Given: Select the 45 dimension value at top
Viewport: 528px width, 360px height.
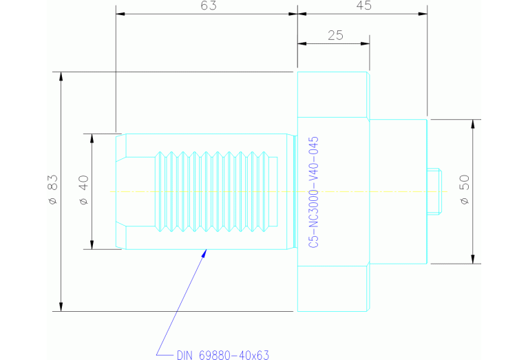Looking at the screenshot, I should click(x=363, y=6).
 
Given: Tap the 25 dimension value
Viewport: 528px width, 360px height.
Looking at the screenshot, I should click(x=335, y=36).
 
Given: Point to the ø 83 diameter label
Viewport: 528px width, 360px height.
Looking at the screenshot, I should click(x=52, y=191).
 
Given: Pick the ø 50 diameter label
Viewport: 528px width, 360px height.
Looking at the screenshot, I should click(x=464, y=189).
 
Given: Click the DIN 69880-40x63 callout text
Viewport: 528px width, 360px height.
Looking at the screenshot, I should click(x=222, y=355).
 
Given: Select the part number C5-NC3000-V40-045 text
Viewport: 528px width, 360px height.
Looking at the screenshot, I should click(x=313, y=192).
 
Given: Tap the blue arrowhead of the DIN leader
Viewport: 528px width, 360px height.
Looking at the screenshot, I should click(x=204, y=253).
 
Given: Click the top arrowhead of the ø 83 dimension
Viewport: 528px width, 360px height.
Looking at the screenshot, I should click(x=61, y=76).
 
